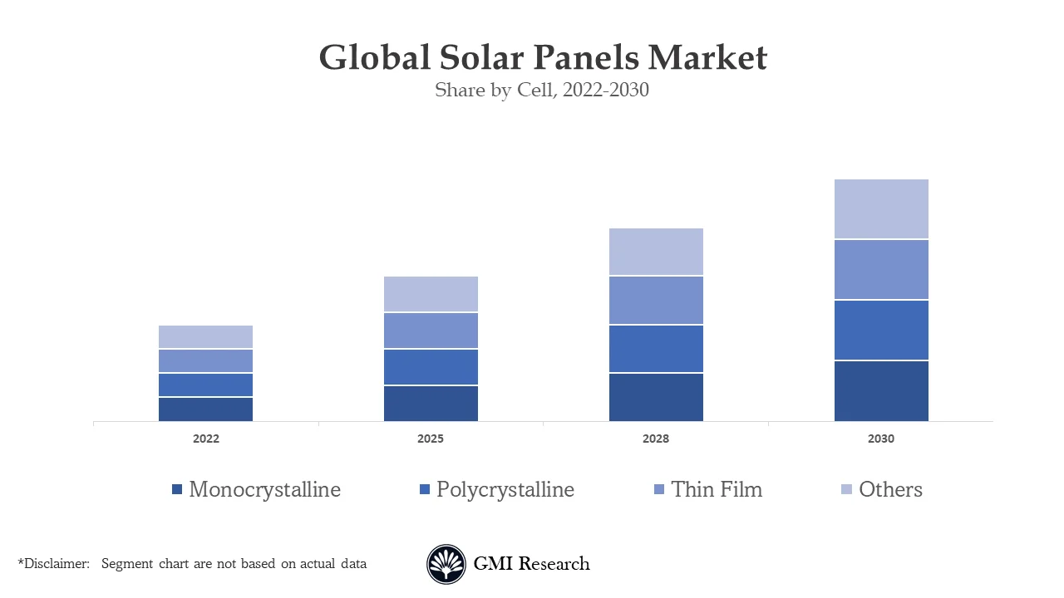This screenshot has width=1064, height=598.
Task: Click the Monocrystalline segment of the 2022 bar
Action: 206,409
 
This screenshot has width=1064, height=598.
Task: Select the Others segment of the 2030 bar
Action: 881,209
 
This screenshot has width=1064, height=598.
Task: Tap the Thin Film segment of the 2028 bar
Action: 656,300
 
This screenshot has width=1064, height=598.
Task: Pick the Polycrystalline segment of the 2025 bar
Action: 431,367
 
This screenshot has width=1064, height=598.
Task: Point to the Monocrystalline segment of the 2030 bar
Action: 881,391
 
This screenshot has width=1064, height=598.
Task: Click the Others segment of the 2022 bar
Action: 206,336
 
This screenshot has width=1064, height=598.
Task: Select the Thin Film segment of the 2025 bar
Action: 431,331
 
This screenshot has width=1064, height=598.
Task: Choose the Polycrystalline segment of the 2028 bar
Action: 656,349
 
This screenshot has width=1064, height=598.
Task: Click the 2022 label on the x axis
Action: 206,439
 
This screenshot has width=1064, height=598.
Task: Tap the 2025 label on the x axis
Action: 431,439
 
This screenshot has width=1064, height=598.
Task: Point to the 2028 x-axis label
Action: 656,439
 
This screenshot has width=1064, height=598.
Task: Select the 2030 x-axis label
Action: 881,439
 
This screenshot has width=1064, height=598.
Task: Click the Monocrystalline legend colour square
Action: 177,490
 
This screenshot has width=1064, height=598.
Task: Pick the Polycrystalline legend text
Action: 505,490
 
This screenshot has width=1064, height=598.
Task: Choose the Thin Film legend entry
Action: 716,490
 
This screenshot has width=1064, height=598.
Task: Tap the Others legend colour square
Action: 846,490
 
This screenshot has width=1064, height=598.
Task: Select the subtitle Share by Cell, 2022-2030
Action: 542,90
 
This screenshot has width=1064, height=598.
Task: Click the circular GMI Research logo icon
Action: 446,565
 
